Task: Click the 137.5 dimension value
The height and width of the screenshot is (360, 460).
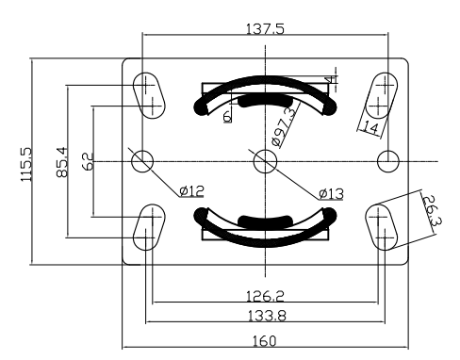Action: [x=265, y=29]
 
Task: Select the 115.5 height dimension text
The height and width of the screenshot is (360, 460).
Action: [x=26, y=164]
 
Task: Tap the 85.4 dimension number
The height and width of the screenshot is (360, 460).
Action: [x=62, y=162]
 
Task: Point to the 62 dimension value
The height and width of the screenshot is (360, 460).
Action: [x=88, y=161]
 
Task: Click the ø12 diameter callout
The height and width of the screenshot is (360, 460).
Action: [x=191, y=190]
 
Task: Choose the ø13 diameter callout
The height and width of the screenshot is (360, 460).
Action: [x=331, y=194]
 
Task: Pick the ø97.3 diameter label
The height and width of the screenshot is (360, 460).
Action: [x=284, y=126]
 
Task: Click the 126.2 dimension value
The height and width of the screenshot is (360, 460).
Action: [x=265, y=296]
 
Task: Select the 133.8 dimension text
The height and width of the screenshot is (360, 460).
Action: [x=267, y=316]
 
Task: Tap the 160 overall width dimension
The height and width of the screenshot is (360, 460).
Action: [x=265, y=341]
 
